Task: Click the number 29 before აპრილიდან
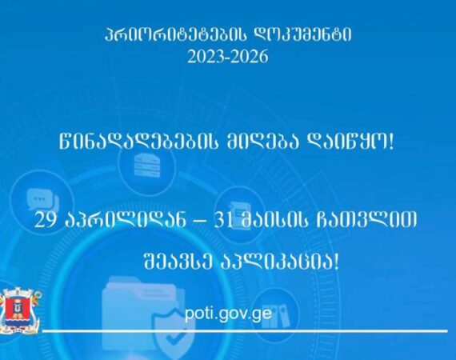coord(45,220)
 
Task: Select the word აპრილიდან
coord(125,220)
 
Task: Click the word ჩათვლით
coord(366,220)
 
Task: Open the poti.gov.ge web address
coord(228,314)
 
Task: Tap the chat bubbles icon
coord(42,199)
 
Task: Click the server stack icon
coord(147,165)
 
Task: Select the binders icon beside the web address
coord(276,316)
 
